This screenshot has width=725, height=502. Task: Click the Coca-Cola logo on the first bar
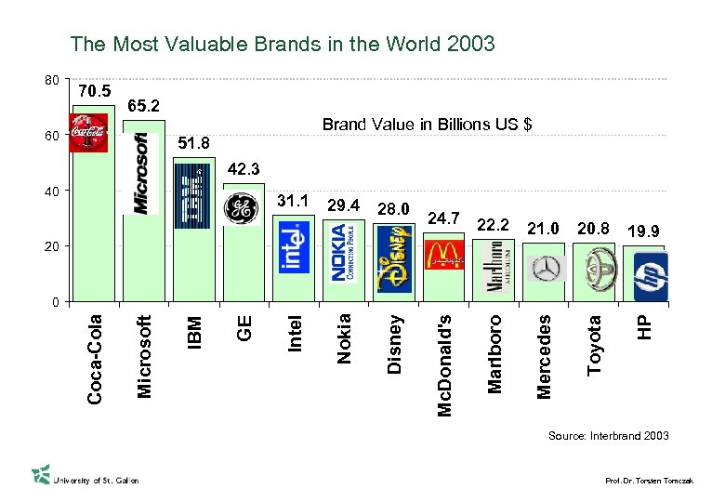coord(88,132)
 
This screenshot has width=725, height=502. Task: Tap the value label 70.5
coord(95,91)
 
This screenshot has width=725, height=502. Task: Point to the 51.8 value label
coord(193,143)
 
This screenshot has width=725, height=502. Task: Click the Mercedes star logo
coord(543,269)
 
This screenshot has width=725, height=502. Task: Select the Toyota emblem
coord(594,268)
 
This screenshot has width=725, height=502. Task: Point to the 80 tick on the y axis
coord(52,80)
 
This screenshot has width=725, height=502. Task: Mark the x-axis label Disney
coord(395,344)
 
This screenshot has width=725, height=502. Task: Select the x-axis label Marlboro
coord(494,353)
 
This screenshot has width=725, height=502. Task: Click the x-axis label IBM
coord(195,331)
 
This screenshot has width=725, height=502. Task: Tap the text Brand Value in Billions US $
coord(427,125)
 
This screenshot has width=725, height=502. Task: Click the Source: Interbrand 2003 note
coord(608,436)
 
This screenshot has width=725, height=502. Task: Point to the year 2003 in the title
coord(469,44)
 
